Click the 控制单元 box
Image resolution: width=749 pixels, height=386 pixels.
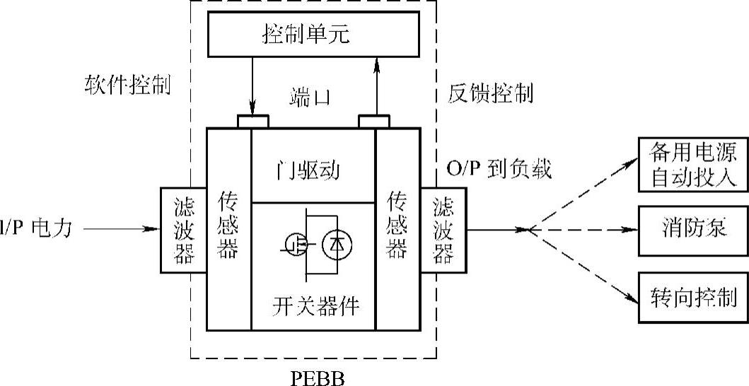click(315, 34)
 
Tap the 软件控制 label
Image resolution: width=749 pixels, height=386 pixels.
click(127, 85)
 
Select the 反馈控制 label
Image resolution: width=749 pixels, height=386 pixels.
click(491, 93)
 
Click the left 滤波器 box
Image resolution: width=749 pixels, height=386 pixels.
click(183, 230)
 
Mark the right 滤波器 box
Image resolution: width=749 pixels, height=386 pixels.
click(444, 230)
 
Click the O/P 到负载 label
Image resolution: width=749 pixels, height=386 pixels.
click(499, 170)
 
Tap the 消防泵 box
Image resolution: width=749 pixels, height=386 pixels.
click(692, 230)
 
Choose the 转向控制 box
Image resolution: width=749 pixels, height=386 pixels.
click(692, 297)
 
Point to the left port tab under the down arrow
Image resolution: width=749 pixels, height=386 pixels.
click(252, 122)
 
